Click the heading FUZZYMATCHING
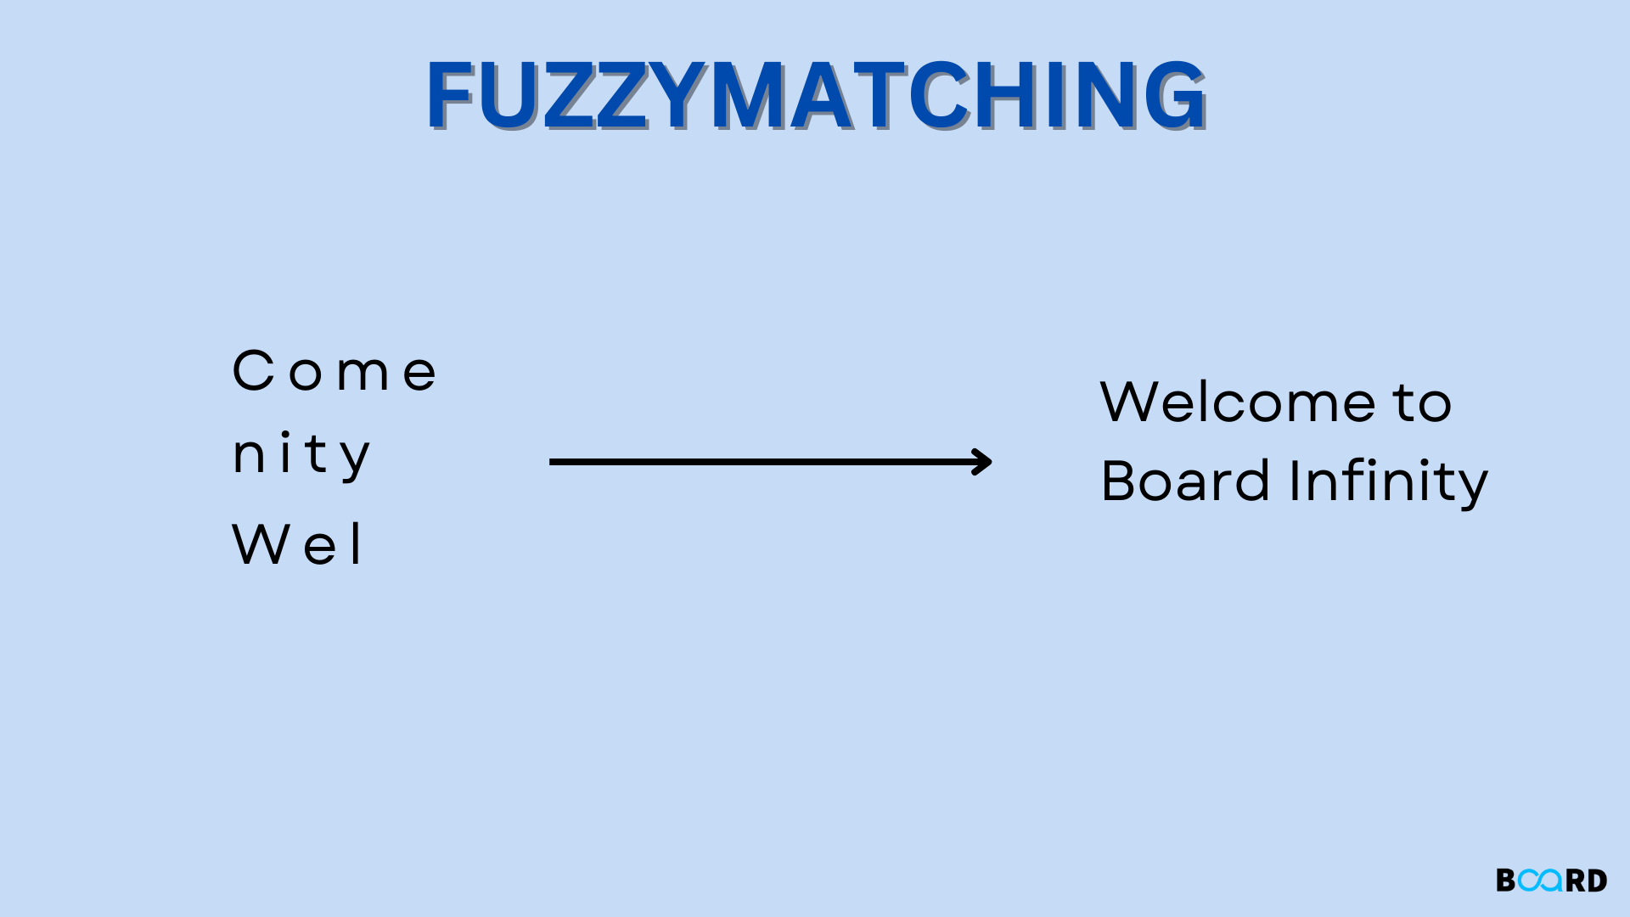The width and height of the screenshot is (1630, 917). pyautogui.click(x=815, y=95)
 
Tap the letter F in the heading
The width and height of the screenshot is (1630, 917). pyautogui.click(x=454, y=95)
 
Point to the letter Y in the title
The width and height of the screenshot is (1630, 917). pyautogui.click(x=679, y=95)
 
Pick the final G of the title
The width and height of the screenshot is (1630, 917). pyautogui.click(x=1173, y=95)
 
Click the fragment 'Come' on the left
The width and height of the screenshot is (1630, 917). pyautogui.click(x=334, y=372)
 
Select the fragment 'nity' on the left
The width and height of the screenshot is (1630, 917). pyautogui.click(x=301, y=455)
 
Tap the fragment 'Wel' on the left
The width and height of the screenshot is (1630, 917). pyautogui.click(x=297, y=544)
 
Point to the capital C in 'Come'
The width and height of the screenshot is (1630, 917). pyautogui.click(x=253, y=371)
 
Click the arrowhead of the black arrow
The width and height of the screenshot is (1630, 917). pyautogui.click(x=983, y=462)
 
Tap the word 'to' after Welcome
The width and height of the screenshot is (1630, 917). pyautogui.click(x=1422, y=402)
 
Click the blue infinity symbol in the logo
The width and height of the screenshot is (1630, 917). pyautogui.click(x=1541, y=880)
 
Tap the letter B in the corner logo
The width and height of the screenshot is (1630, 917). pyautogui.click(x=1505, y=880)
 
